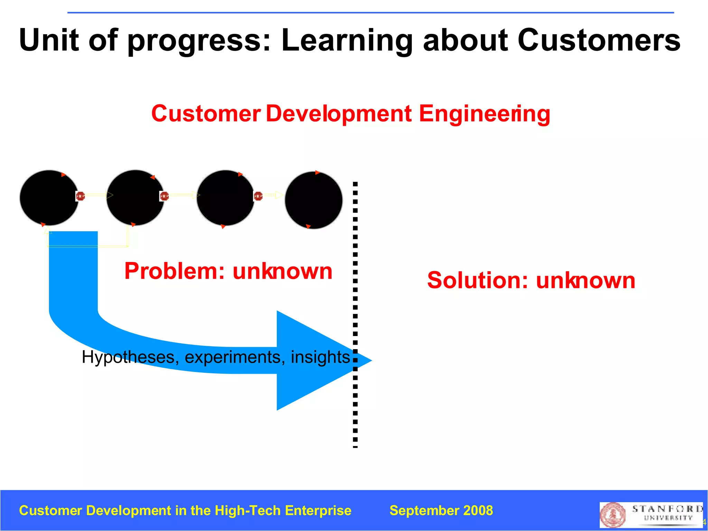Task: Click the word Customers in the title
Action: click(x=599, y=40)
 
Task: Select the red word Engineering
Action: click(x=484, y=114)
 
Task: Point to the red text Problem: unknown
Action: click(x=228, y=271)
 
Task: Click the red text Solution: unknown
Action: click(x=531, y=280)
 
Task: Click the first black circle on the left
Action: click(x=49, y=198)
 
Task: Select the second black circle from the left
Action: click(x=135, y=198)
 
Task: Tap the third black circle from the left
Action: click(x=225, y=198)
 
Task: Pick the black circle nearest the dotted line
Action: click(x=314, y=200)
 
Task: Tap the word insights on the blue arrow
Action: click(x=320, y=357)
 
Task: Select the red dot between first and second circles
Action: click(x=80, y=196)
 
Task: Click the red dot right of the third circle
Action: click(x=258, y=196)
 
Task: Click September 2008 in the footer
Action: click(x=441, y=511)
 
